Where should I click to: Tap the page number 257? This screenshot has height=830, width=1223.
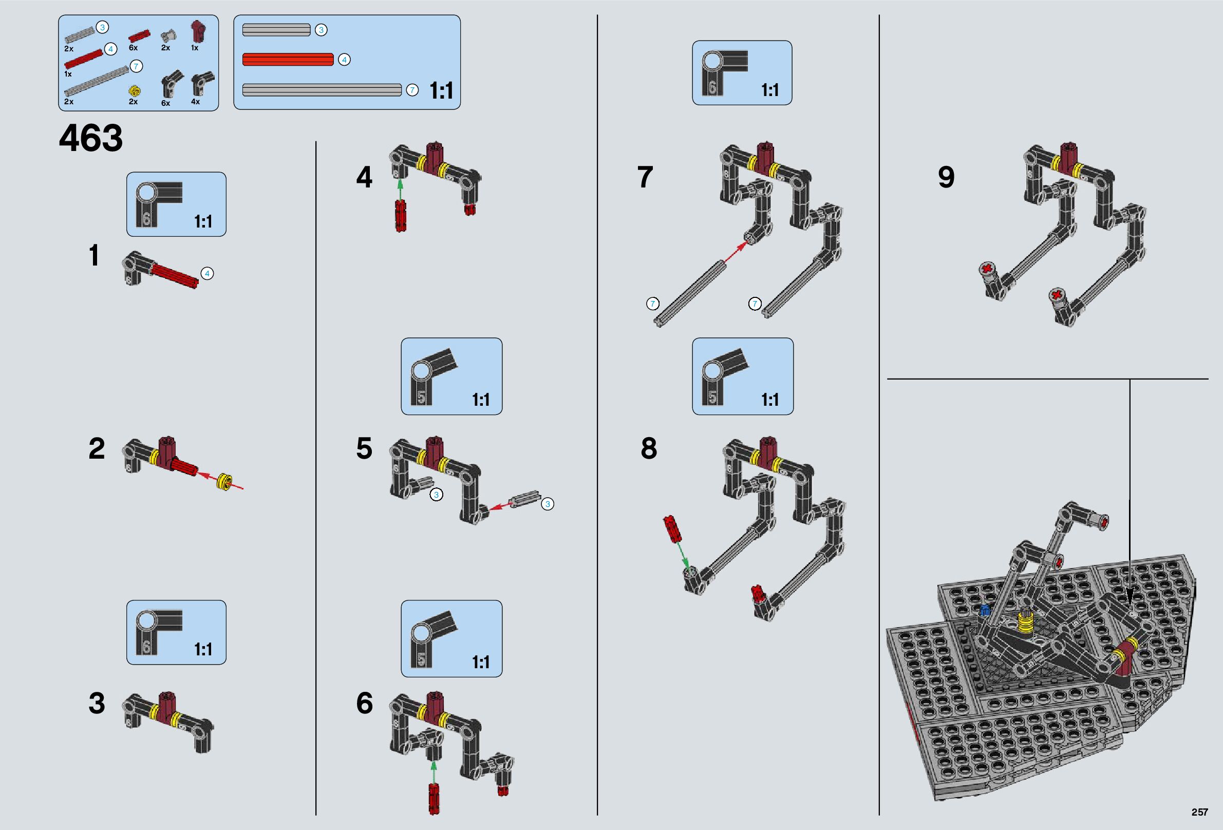pos(1199,812)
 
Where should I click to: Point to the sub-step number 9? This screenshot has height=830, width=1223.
pos(946,177)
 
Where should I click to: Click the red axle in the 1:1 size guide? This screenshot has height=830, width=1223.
pos(288,60)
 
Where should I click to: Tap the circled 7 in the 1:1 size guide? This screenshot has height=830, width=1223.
pos(412,90)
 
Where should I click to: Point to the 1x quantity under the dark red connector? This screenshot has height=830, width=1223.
pos(194,48)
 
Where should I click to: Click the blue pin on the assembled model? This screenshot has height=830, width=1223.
pos(985,610)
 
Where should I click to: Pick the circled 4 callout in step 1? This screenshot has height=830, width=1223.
pos(208,274)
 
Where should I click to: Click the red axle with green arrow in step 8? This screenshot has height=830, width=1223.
pos(672,529)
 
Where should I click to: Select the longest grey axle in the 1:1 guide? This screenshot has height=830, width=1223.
pos(322,90)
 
